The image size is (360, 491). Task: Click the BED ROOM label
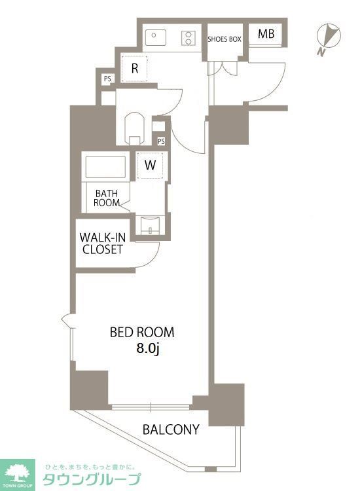pos(142,332)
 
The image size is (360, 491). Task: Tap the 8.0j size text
pos(148,348)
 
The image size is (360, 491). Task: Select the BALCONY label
pos(171,429)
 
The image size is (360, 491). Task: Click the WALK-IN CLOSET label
pos(102,244)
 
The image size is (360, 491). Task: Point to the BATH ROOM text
pos(107,198)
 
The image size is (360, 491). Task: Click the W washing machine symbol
pos(151,165)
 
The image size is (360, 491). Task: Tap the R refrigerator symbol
pos(135,69)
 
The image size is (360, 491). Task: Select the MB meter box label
pos(266,34)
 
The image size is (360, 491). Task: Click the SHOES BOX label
pos(225,39)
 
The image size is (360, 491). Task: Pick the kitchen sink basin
pos(156,37)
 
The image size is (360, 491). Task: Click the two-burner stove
pos(189,38)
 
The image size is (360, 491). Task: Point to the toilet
pos(135,129)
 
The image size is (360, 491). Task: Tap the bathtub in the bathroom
pos(105,167)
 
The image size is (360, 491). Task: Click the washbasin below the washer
pos(151,225)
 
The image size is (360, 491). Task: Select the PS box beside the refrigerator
pos(107,79)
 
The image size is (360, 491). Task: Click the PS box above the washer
pos(161,141)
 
